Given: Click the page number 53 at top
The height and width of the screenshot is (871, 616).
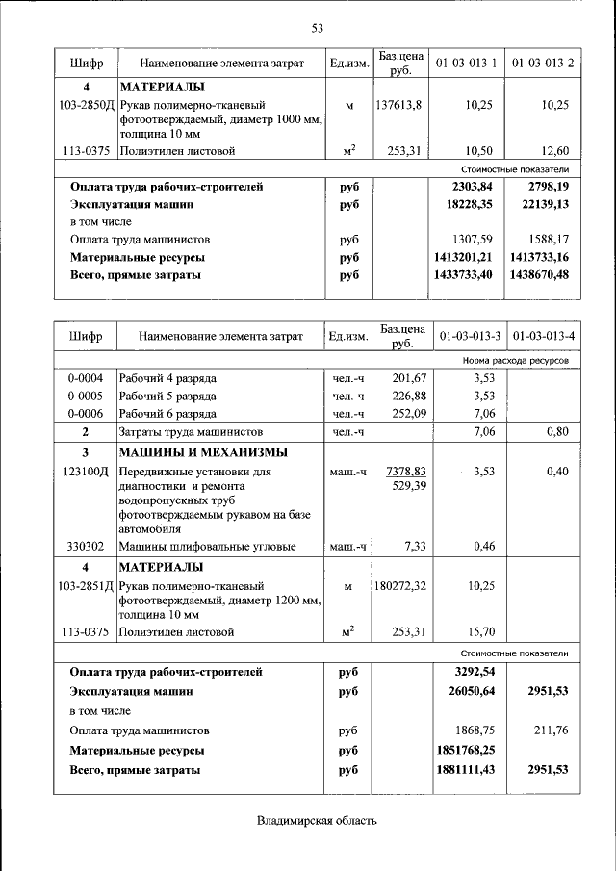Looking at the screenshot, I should pos(316,26).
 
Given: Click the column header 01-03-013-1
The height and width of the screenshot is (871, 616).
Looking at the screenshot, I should pos(466,64).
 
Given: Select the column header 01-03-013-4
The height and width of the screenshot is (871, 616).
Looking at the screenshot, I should pos(543,337).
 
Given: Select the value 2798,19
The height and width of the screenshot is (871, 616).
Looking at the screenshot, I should pos(548,187).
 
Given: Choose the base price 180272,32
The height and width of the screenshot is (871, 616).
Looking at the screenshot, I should pos(398,585).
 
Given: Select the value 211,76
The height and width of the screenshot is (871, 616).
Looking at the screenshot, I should pos(551,730).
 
